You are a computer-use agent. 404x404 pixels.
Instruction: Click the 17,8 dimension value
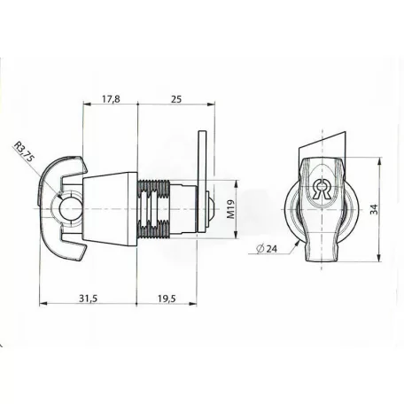tap(111, 99)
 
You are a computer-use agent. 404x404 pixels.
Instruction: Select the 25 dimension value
tap(176, 99)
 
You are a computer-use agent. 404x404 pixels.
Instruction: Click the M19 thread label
tap(231, 209)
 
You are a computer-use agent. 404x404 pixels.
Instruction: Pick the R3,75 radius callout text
tap(24, 151)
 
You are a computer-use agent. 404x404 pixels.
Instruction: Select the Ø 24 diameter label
tap(267, 249)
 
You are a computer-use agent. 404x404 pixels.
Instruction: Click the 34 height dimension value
tap(374, 209)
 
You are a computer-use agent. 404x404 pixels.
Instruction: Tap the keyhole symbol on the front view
tap(322, 190)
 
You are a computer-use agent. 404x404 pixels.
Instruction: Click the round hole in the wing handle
tap(70, 208)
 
